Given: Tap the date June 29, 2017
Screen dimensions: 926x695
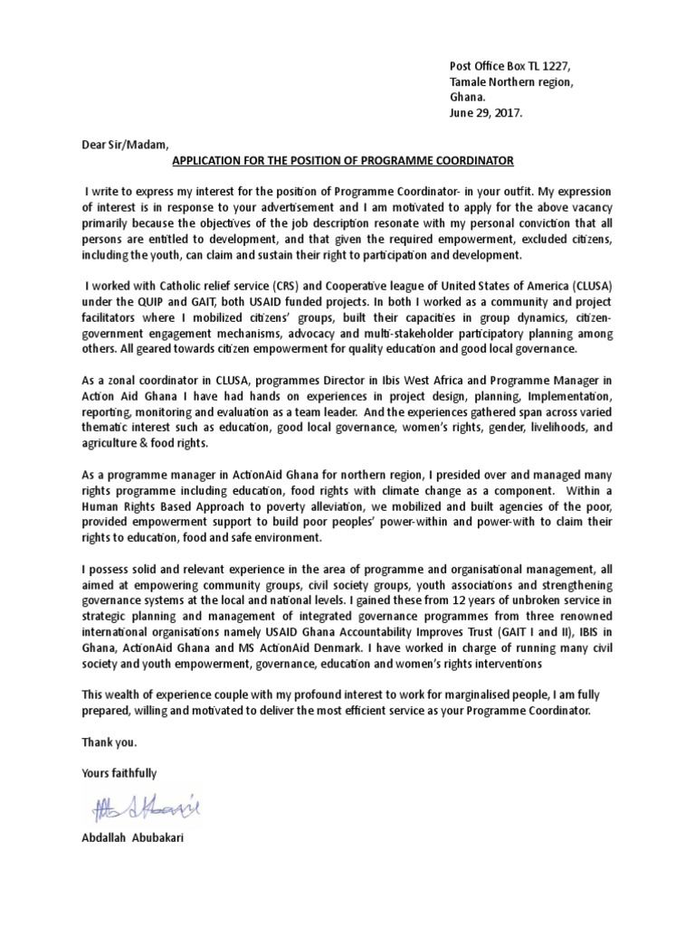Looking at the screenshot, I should tap(486, 114).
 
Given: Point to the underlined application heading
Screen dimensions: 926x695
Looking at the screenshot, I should tap(342, 161).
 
